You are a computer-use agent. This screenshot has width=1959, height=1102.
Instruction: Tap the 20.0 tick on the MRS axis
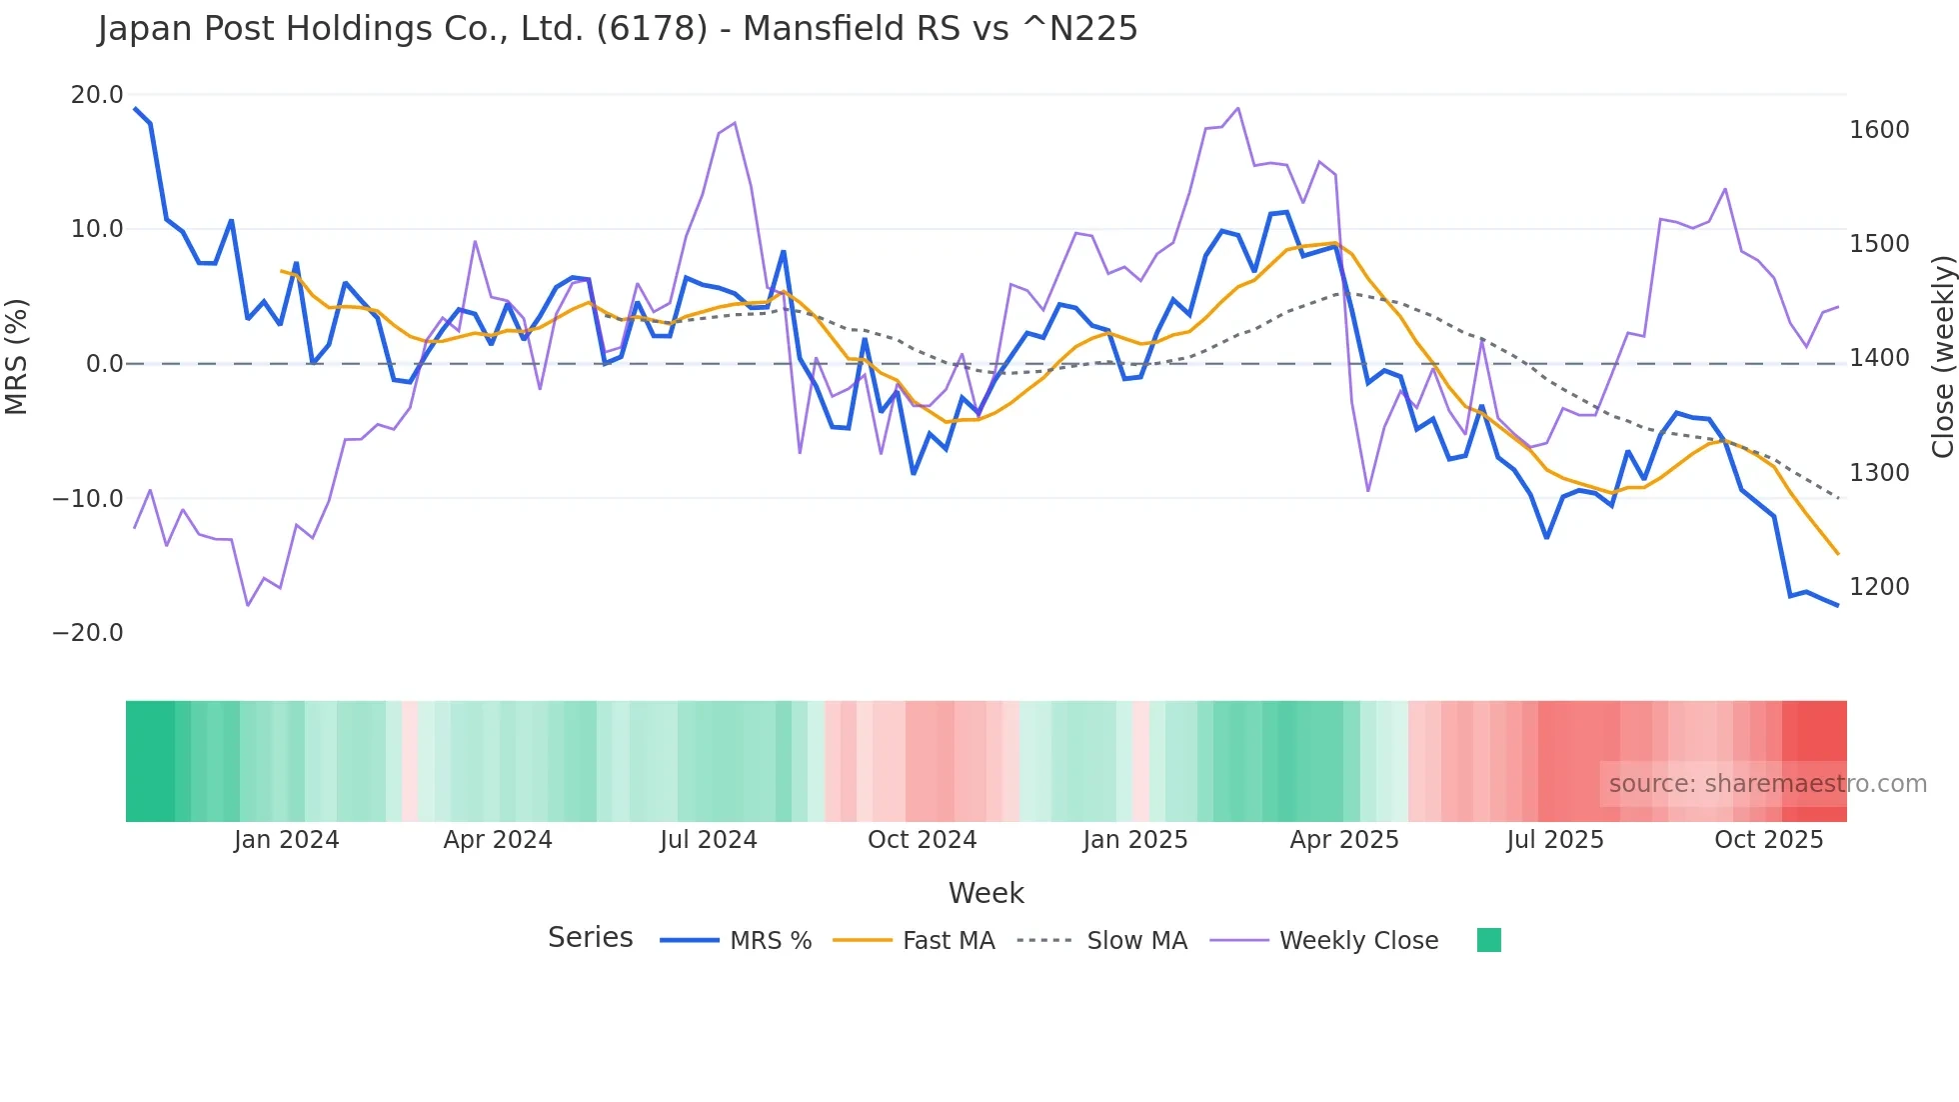(97, 95)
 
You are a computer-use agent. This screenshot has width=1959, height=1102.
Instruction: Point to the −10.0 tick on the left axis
(88, 498)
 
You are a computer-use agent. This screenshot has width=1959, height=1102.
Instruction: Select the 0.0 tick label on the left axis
(104, 364)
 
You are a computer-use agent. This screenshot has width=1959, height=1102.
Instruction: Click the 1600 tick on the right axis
(1879, 130)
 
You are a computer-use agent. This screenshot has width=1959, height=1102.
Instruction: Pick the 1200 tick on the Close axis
(1879, 587)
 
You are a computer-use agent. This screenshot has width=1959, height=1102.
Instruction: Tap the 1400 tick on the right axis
(1879, 358)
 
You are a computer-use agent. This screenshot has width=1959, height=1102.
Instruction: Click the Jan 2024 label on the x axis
(287, 840)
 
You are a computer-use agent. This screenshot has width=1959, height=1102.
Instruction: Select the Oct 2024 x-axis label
(922, 840)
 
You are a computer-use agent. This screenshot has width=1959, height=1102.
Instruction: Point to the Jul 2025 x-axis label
(1555, 840)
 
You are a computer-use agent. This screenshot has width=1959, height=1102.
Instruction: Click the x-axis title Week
(985, 893)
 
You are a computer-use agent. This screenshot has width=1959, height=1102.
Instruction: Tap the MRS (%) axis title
(17, 356)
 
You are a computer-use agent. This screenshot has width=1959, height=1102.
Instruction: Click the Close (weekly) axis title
(1942, 357)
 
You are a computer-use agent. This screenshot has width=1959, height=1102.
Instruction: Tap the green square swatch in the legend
(1488, 940)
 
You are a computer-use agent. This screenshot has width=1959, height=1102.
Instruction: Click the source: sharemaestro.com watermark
(1767, 784)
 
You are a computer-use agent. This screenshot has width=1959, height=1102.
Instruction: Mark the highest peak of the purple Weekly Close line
(1238, 108)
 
